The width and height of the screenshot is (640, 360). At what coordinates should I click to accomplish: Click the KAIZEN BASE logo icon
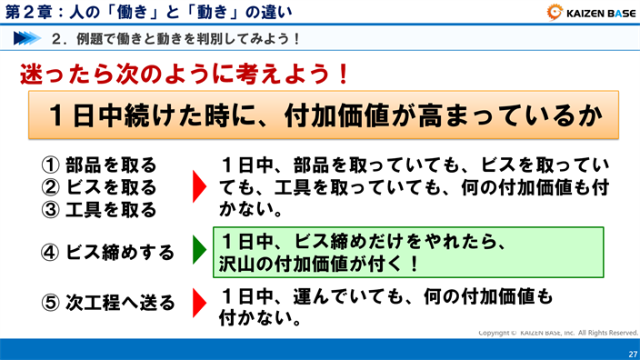[x=556, y=12]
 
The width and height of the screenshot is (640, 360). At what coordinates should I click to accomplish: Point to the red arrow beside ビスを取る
[x=199, y=188]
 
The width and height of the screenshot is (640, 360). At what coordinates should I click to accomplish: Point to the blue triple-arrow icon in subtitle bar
[x=30, y=39]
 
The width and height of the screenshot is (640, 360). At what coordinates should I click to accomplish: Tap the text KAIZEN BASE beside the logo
[x=599, y=13]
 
